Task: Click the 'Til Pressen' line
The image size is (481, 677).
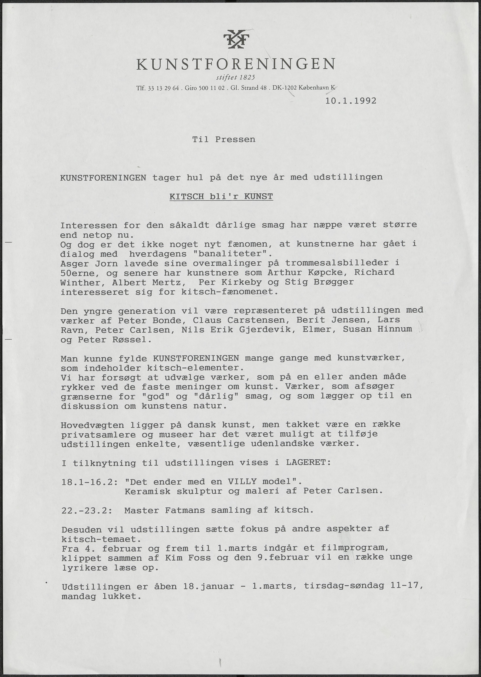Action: click(x=224, y=139)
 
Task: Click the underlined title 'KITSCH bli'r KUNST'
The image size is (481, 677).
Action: click(x=221, y=196)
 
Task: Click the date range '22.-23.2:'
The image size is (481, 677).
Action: click(x=87, y=510)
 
